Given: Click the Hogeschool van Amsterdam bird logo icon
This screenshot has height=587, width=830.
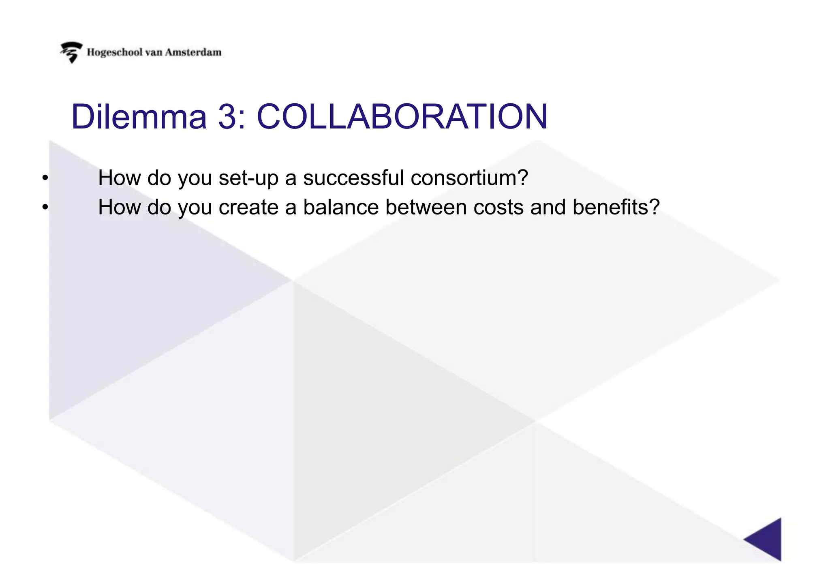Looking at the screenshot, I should pos(71,52).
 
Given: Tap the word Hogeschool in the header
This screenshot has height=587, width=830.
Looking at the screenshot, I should pos(115,53).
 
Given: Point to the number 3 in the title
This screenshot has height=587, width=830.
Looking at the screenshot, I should pos(227,117).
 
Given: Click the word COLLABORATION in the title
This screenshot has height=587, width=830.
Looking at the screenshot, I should pos(402,117).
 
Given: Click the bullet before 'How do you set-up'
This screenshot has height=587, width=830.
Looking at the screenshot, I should pos(45,178).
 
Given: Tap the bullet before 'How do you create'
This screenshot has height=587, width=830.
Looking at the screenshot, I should pos(45,208).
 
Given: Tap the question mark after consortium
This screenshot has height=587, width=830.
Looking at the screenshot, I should pos(523,178).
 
